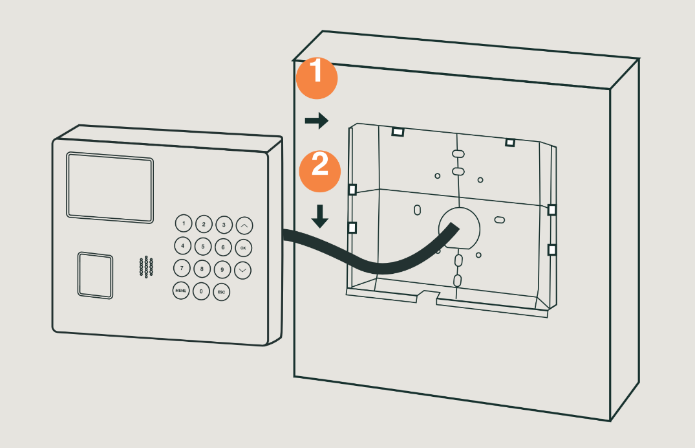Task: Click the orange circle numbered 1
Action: [317, 78]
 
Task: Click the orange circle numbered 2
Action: [320, 172]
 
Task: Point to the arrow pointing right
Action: [317, 120]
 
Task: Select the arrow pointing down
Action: [319, 216]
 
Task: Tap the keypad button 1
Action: [184, 223]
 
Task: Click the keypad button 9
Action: [222, 269]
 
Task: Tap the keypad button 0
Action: [201, 291]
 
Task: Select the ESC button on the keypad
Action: [221, 292]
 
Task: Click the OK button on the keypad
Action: [243, 248]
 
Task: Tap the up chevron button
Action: [244, 225]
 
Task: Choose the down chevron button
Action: [242, 270]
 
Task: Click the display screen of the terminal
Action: [110, 187]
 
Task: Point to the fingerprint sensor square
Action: [95, 275]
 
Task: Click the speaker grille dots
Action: [146, 267]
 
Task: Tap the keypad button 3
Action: [224, 225]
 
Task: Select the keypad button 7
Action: [181, 268]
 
